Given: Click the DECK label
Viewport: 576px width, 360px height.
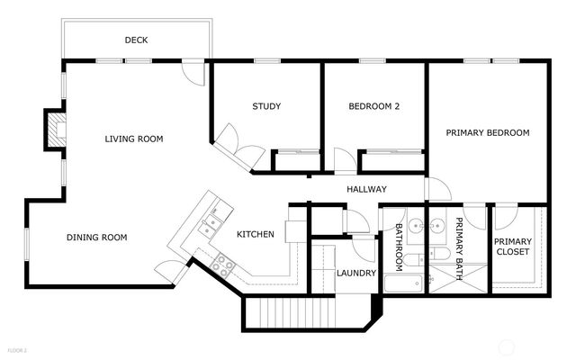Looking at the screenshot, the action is pos(136,40).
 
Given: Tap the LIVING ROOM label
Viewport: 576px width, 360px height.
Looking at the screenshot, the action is pos(134,139).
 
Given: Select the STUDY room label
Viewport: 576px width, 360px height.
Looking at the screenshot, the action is pos(266,106).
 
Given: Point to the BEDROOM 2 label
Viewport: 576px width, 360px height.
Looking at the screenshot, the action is pos(374,106).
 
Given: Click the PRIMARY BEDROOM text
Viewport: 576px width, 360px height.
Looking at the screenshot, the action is pos(488,132).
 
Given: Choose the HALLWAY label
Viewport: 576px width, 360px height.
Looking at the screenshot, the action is pos(366,189).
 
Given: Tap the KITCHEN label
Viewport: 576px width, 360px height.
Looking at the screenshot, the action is pos(256,234).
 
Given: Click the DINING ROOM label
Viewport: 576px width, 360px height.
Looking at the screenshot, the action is pos(97,238).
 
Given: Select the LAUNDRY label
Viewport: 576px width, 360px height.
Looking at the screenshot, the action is pos(356,273).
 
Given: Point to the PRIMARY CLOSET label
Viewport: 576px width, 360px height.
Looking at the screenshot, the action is pos(513,247).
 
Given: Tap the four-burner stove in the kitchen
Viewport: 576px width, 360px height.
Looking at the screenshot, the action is pos(222,265).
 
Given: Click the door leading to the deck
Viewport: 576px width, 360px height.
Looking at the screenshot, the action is pos(193,73).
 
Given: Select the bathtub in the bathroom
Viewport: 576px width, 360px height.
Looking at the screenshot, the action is pos(403,283).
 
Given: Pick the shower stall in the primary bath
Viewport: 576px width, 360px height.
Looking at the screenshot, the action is pos(458,278).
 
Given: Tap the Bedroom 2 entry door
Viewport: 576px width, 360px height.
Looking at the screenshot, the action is pos(345,161).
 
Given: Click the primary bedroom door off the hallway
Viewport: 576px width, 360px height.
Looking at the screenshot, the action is pos(437,189).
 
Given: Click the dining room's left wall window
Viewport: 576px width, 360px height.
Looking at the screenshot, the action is pos(26,244).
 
